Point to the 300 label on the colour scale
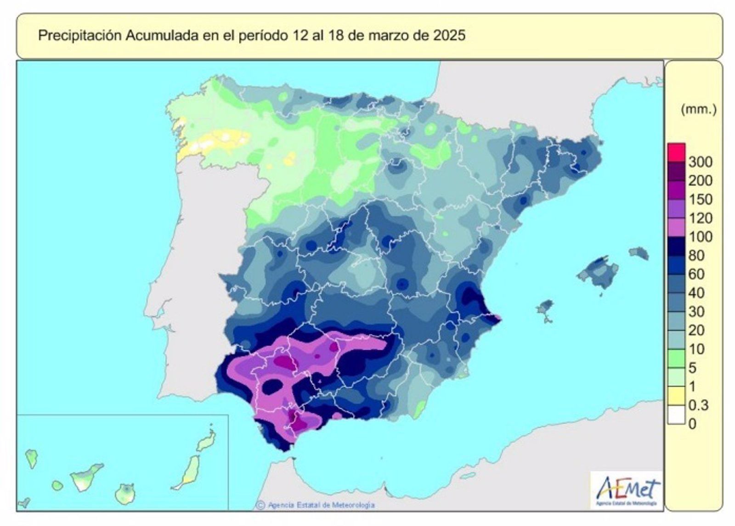pos(701,162)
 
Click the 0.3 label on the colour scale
pos(699,405)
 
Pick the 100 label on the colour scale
pos(701,236)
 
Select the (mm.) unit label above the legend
pos(698,110)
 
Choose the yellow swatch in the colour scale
pos(676,396)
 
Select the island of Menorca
pos(639,252)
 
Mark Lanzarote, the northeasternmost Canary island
pos(207,442)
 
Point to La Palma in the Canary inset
pos(31,457)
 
